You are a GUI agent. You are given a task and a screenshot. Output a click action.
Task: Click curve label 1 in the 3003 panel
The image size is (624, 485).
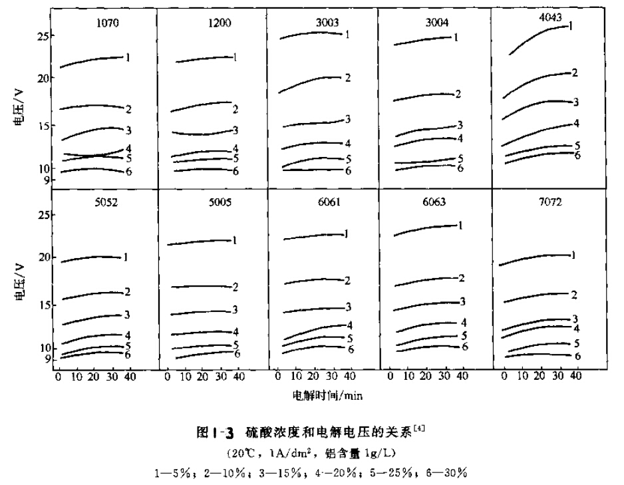click(347, 33)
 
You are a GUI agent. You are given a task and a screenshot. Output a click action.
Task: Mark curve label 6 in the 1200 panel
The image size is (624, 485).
click(235, 171)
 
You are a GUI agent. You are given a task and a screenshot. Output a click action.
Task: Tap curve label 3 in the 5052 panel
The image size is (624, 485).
click(126, 315)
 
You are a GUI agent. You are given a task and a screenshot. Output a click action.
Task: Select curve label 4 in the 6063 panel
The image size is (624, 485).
click(463, 322)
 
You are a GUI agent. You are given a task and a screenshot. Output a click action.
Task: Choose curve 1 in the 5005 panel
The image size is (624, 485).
click(200, 242)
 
